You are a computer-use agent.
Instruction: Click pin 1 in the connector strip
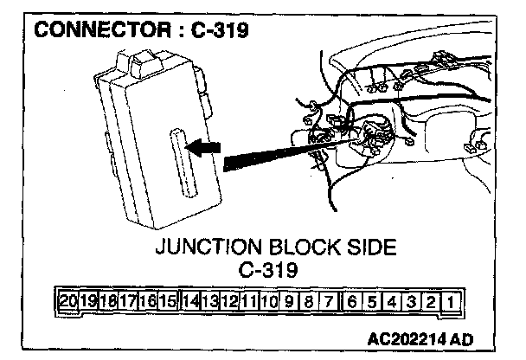tap(452, 303)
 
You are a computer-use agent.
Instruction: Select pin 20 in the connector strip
tap(68, 303)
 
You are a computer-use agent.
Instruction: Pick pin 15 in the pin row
tap(168, 303)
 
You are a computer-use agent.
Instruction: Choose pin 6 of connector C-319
tap(352, 303)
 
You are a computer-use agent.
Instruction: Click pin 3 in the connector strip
tap(413, 303)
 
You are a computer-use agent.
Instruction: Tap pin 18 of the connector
tap(108, 303)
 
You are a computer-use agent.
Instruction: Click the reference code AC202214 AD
tap(424, 337)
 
